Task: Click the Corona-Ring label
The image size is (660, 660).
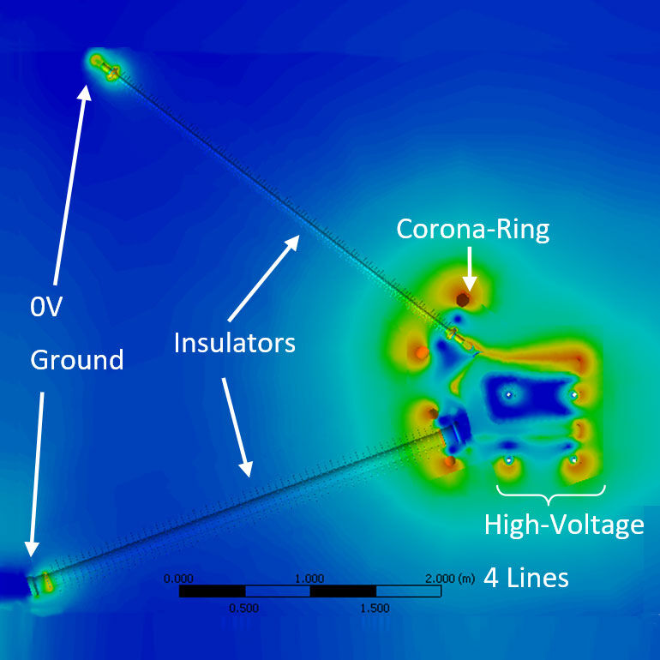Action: point(472,230)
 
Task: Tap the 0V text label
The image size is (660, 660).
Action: point(46,307)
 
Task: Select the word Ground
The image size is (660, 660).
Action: point(76,360)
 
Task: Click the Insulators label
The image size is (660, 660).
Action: point(235,343)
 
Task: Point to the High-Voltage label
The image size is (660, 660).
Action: point(564,525)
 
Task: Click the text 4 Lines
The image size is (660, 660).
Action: point(526,578)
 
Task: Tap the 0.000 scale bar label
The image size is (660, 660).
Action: point(178,579)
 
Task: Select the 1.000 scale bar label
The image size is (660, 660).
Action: point(309,579)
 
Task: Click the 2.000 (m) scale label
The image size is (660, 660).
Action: point(450,579)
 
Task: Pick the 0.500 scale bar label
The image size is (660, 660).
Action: point(244,608)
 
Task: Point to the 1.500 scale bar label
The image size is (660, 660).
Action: point(375,608)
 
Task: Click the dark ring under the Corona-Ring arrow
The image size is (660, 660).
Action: point(463,299)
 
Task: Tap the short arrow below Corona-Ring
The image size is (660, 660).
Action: point(470,268)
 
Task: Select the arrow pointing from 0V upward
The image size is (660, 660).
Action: point(72,185)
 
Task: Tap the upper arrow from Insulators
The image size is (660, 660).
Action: point(264,279)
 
